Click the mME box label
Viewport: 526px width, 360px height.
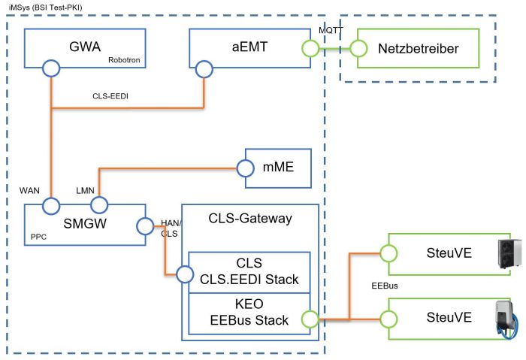pos(282,168)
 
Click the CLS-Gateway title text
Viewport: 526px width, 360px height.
pos(249,219)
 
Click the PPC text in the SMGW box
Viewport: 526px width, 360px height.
pos(38,236)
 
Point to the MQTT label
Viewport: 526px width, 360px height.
pos(331,29)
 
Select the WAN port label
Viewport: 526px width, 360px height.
pos(29,190)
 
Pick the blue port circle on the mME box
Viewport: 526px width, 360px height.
pos(246,168)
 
